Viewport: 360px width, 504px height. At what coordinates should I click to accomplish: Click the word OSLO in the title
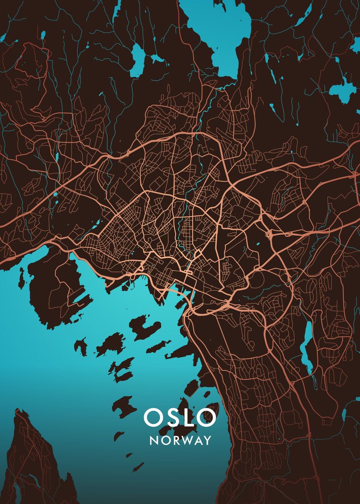click(x=180, y=417)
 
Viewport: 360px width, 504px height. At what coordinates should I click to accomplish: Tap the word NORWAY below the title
click(x=180, y=441)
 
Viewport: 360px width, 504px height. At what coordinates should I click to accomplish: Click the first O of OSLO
click(x=152, y=417)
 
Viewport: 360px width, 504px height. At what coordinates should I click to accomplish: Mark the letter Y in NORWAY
click(x=207, y=441)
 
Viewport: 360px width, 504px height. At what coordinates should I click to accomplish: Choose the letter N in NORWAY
click(x=154, y=441)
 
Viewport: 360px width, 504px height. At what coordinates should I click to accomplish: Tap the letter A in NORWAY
click(x=197, y=441)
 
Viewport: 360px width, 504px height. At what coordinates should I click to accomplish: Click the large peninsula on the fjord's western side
click(x=55, y=290)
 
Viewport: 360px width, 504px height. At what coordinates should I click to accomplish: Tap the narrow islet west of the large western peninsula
click(x=21, y=277)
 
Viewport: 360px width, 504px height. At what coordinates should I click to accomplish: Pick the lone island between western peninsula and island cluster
click(x=80, y=346)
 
